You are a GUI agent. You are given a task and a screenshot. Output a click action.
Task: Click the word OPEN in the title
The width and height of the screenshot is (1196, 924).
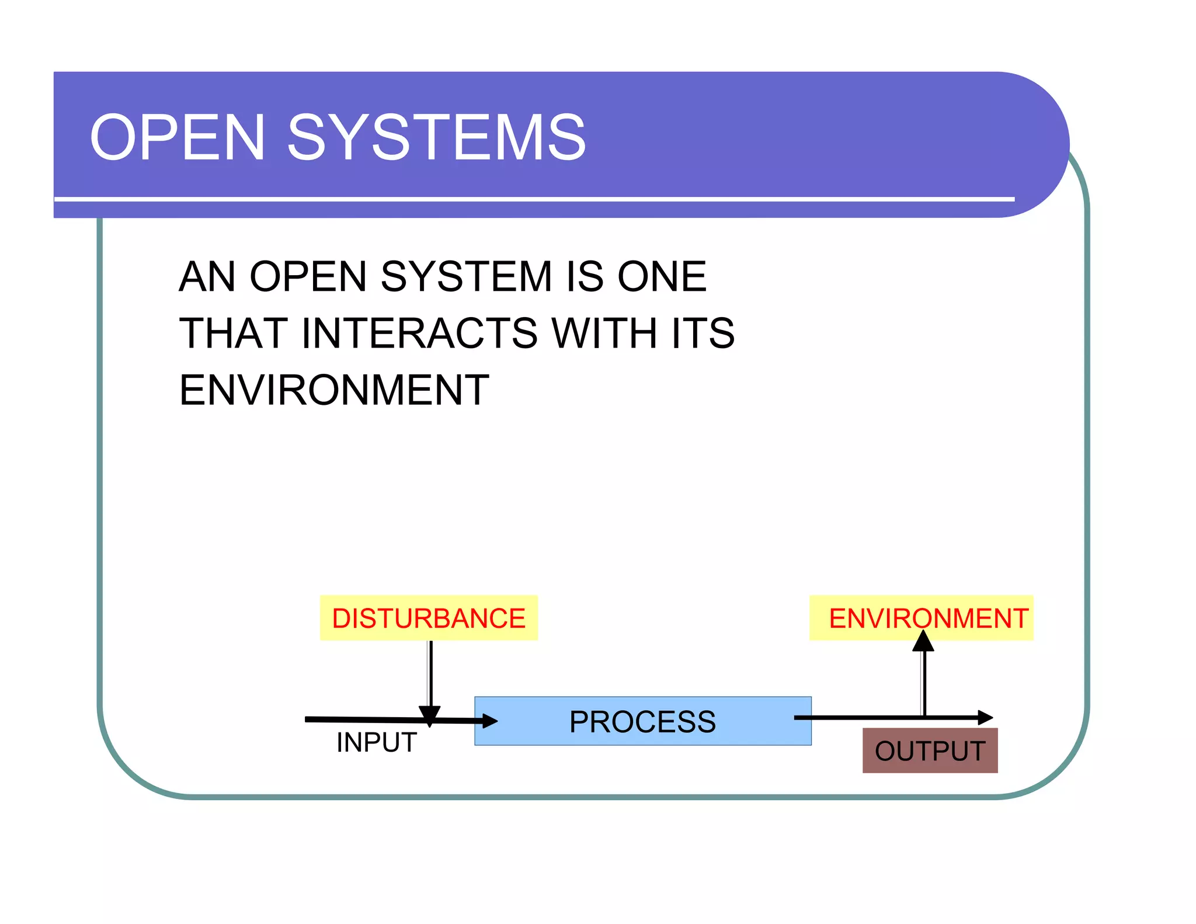pyautogui.click(x=178, y=138)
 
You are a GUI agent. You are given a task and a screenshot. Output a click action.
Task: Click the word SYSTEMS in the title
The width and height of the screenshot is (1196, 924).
pyautogui.click(x=436, y=138)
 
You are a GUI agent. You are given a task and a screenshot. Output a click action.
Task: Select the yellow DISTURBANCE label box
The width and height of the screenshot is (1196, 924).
pyautogui.click(x=428, y=618)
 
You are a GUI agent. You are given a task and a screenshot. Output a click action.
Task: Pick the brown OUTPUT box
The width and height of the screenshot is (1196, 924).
pyautogui.click(x=930, y=751)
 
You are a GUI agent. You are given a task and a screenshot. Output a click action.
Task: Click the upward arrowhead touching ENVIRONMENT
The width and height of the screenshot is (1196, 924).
pyautogui.click(x=923, y=641)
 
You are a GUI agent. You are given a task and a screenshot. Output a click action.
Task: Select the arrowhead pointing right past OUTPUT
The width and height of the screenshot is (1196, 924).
pyautogui.click(x=985, y=717)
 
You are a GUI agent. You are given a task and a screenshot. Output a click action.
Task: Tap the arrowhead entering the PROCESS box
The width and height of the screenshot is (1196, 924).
pyautogui.click(x=489, y=721)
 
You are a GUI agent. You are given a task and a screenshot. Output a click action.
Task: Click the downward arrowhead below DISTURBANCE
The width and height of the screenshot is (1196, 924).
pyautogui.click(x=430, y=715)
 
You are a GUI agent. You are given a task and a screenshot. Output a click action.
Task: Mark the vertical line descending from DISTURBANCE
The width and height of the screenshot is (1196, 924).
pyautogui.click(x=430, y=672)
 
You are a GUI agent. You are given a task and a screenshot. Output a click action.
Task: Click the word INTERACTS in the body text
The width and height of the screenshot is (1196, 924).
pyautogui.click(x=419, y=333)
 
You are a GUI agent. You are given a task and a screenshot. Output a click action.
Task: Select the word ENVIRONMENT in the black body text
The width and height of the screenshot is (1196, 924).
pyautogui.click(x=334, y=390)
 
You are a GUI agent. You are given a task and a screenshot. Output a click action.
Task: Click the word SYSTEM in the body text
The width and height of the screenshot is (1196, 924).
pyautogui.click(x=466, y=276)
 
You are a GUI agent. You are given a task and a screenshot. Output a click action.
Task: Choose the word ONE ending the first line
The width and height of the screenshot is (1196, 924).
pyautogui.click(x=662, y=276)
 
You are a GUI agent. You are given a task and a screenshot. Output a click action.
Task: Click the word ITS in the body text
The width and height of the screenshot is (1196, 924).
pyautogui.click(x=703, y=333)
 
